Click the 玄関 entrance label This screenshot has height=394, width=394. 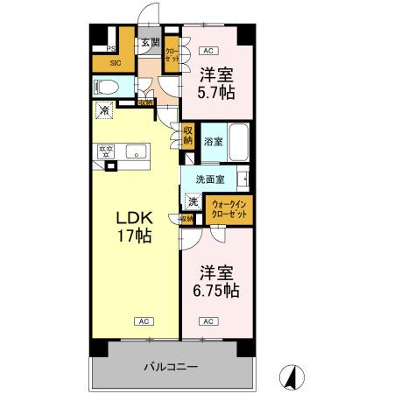pos(150,42)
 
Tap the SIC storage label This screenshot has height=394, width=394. pos(116,63)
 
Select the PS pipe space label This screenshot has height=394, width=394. pos(111,48)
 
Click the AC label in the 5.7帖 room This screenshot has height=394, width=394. pos(208,50)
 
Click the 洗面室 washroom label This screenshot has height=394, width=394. pos(209,179)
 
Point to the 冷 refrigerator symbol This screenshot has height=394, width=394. pos(104,111)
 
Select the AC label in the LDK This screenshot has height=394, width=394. pos(139,322)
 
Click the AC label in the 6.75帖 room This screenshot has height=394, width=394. pos(208,322)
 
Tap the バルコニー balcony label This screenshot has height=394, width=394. pos(171,366)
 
